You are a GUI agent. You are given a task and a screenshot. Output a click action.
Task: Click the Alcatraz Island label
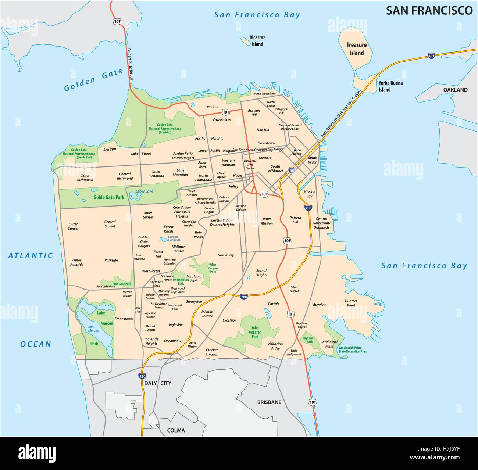pos(257,41)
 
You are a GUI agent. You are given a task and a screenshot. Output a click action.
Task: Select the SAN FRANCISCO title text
pos(429,10)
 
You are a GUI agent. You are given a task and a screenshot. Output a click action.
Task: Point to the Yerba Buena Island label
pos(390,86)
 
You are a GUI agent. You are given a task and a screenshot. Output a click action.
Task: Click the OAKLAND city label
pos(455,90)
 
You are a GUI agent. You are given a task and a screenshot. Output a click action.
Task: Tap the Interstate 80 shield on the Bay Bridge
pos(431,56)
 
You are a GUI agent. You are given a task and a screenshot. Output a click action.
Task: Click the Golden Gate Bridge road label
pos(130,65)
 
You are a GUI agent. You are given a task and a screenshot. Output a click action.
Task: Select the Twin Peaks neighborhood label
pos(198,234)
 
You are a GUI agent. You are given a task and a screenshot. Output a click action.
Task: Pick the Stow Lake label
pos(145,191)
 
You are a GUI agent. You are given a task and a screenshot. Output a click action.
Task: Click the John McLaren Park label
pos(255,332)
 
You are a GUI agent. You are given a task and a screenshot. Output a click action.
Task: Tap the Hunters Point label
pos(351,303)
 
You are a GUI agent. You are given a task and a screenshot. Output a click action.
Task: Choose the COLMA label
pos(176,430)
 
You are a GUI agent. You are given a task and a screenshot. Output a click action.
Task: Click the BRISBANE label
pos(269,402)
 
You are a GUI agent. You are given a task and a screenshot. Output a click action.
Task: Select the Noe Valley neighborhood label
pos(225,255)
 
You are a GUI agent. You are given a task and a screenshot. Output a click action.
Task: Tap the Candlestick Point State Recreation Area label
pos(352,349)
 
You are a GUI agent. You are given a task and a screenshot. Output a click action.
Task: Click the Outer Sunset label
pos(73,226)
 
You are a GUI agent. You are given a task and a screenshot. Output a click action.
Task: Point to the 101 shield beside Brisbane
pos(312,402)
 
